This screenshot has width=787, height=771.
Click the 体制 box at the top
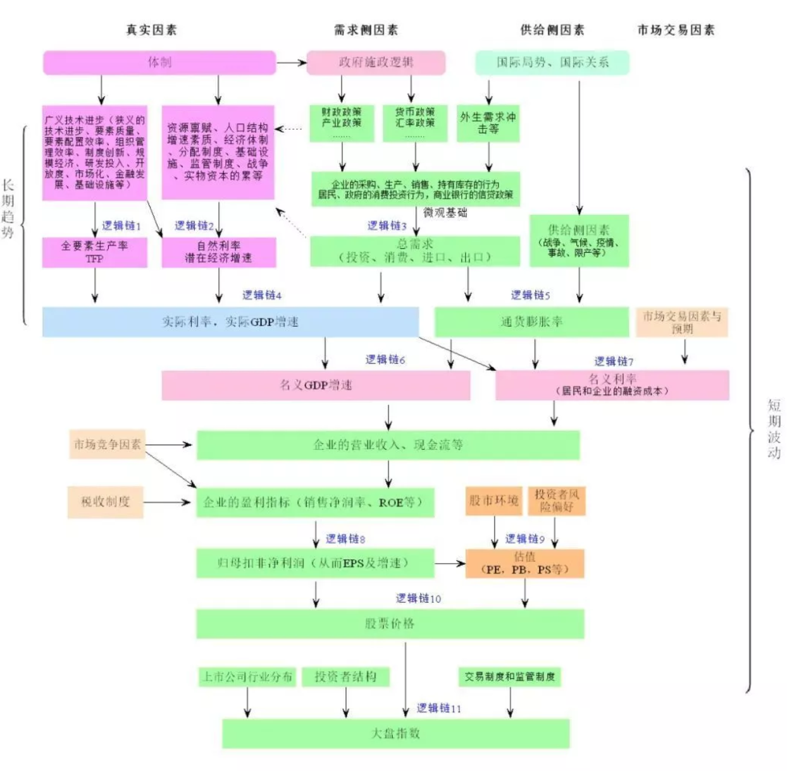pyautogui.click(x=159, y=63)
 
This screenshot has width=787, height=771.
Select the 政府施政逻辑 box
pyautogui.click(x=376, y=63)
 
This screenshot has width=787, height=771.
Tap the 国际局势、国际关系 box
pyautogui.click(x=552, y=63)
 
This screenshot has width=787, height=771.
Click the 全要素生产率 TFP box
pyautogui.click(x=95, y=252)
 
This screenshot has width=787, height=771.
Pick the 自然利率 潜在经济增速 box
pyautogui.click(x=218, y=252)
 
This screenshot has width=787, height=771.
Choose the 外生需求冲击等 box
pyautogui.click(x=488, y=123)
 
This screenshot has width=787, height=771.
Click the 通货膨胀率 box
pyautogui.click(x=531, y=322)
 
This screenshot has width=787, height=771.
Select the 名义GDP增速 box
pyautogui.click(x=316, y=385)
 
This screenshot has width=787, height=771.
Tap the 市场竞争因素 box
pyautogui.click(x=107, y=444)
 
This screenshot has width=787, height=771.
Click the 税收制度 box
pyautogui.click(x=105, y=502)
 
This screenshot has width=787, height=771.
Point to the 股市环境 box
pyautogui.click(x=493, y=501)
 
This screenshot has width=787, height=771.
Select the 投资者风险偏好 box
pyautogui.click(x=556, y=501)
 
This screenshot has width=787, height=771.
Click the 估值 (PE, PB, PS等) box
pyautogui.click(x=524, y=563)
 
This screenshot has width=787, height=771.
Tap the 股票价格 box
pyautogui.click(x=390, y=624)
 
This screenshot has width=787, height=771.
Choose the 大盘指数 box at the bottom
pyautogui.click(x=395, y=733)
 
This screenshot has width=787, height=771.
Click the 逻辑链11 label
pyautogui.click(x=438, y=708)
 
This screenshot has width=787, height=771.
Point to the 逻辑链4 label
pyautogui.click(x=261, y=295)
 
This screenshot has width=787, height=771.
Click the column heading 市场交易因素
pyautogui.click(x=676, y=30)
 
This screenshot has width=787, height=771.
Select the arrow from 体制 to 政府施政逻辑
pyautogui.click(x=291, y=63)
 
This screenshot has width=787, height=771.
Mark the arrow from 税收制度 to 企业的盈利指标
pyautogui.click(x=167, y=502)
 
